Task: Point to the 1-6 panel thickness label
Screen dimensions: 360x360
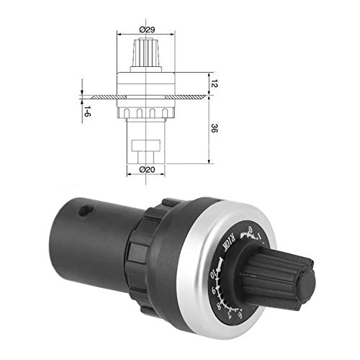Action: tap(86, 112)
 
